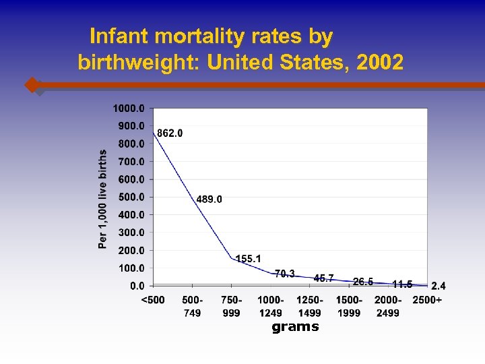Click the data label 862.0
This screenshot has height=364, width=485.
pyautogui.click(x=170, y=133)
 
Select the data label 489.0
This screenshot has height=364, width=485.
pyautogui.click(x=209, y=199)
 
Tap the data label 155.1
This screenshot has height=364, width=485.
pyautogui.click(x=248, y=259)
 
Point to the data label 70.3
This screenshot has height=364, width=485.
pyautogui.click(x=284, y=273)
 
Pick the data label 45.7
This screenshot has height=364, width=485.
pyautogui.click(x=323, y=278)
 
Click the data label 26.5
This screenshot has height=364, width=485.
pyautogui.click(x=363, y=281)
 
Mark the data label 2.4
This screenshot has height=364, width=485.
pyautogui.click(x=438, y=286)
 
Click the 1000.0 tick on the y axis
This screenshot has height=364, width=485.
pyautogui.click(x=128, y=108)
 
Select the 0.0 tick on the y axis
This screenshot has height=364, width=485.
pyautogui.click(x=136, y=285)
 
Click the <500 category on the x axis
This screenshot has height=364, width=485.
pyautogui.click(x=152, y=300)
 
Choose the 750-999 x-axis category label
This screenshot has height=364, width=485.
pyautogui.click(x=231, y=306)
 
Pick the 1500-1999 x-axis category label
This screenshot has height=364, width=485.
pyautogui.click(x=348, y=306)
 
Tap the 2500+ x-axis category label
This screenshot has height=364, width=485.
pyautogui.click(x=427, y=300)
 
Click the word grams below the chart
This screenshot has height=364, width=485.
pyautogui.click(x=295, y=327)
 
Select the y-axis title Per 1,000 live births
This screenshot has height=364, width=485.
pyautogui.click(x=103, y=199)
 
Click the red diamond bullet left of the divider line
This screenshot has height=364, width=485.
pyautogui.click(x=32, y=85)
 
